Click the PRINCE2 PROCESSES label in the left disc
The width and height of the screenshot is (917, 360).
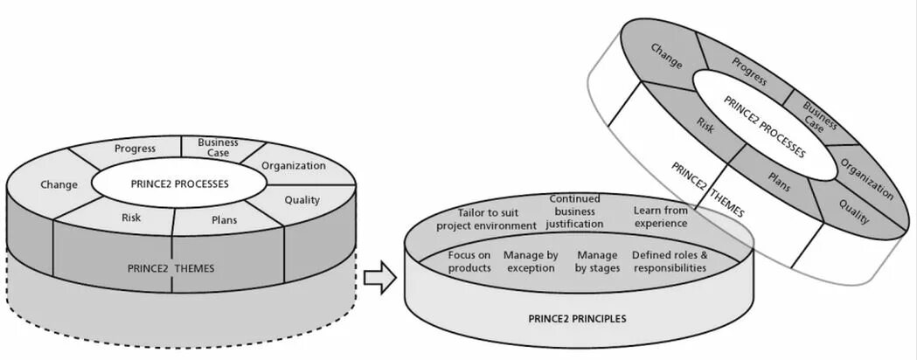pos(179,184)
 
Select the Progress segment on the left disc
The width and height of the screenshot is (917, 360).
pos(135,148)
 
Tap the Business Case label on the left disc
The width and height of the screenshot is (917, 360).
pos(212,148)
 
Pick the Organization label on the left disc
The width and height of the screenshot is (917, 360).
pos(293,166)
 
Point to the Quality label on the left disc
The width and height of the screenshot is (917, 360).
pos(302,200)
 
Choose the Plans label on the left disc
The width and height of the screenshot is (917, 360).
pos(225,220)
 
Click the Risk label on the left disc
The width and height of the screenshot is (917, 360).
pos(131,218)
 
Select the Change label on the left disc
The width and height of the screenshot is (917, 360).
pos(59,184)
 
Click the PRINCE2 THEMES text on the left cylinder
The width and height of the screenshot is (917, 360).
pos(171,268)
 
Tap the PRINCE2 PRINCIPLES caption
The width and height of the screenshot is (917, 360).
pos(577,319)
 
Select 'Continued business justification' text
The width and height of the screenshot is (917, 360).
pos(574,211)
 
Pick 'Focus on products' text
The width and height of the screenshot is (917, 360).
pos(469,261)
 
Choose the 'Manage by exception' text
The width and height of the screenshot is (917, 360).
pos(531,261)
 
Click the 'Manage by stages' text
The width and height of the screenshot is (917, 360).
pos(597,261)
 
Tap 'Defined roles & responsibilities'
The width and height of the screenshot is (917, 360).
pos(670,261)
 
